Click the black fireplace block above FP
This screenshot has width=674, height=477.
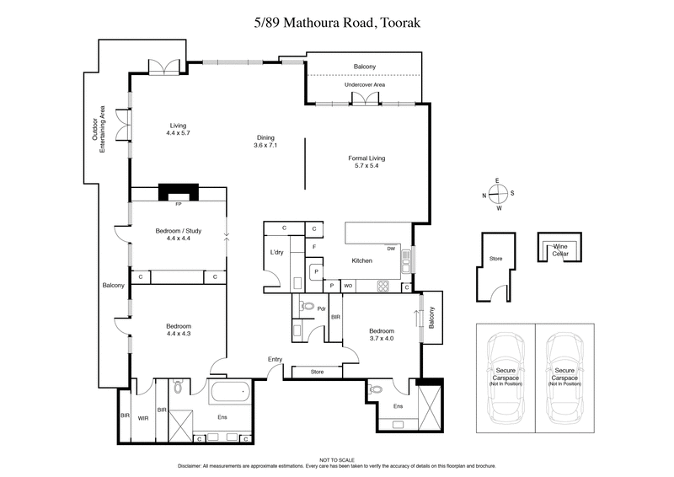pyautogui.click(x=177, y=191)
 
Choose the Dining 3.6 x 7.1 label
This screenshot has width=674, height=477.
pyautogui.click(x=265, y=142)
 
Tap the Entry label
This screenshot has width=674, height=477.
pyautogui.click(x=275, y=359)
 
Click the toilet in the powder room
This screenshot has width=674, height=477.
pyautogui.click(x=308, y=307)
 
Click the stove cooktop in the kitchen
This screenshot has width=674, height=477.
pyautogui.click(x=383, y=286)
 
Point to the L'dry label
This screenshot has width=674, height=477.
pyautogui.click(x=277, y=253)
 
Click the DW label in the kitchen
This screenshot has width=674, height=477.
pyautogui.click(x=391, y=249)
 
